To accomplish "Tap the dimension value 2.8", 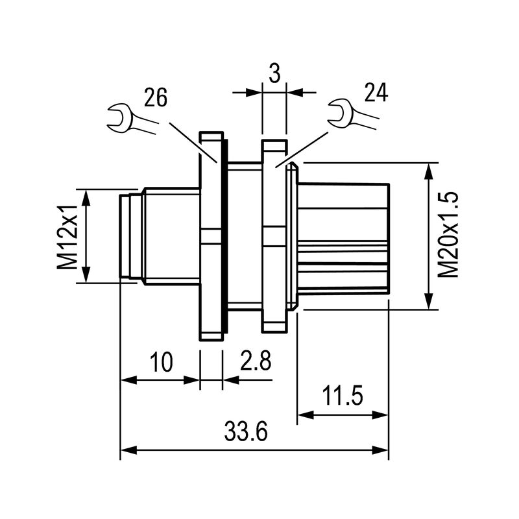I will click(x=255, y=361).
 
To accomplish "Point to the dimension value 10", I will click(x=162, y=361).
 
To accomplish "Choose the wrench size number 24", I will click(x=375, y=93).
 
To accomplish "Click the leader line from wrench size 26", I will click(x=193, y=140).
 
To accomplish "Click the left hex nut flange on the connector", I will click(x=211, y=237).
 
